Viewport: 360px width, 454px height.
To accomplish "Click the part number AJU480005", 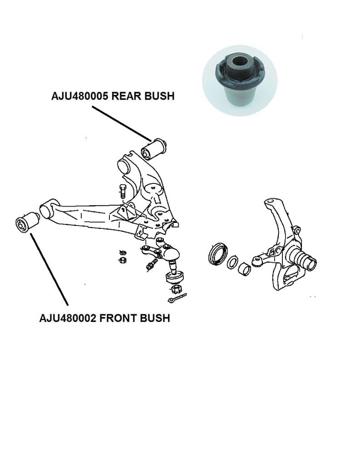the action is [79, 96].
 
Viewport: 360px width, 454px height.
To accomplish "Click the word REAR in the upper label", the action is [126, 96].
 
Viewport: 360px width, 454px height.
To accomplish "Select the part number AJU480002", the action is [68, 318].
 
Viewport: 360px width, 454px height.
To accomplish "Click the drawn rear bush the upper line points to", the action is [154, 149].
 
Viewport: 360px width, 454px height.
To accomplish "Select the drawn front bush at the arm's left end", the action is [28, 222].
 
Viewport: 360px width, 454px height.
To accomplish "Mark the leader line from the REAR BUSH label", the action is [122, 123].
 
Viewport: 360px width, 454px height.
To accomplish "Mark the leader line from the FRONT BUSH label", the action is [49, 269].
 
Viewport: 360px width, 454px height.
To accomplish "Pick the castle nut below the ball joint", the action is [176, 289].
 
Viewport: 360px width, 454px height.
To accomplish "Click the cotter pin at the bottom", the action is [177, 298].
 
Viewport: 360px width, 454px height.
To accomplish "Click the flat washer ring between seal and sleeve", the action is [232, 262].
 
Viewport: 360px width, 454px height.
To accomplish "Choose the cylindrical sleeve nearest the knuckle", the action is [244, 269].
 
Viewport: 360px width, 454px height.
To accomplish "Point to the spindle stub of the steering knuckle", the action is [306, 259].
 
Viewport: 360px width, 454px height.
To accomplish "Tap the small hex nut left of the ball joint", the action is [123, 260].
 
